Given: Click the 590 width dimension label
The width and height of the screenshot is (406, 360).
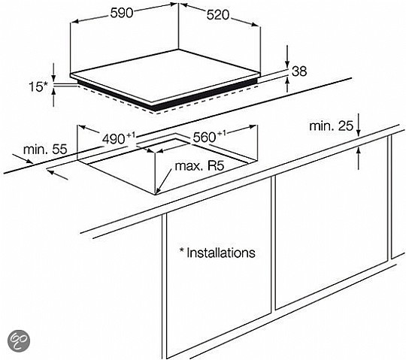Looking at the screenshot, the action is (x=122, y=13).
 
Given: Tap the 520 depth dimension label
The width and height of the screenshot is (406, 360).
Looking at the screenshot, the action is (x=218, y=15).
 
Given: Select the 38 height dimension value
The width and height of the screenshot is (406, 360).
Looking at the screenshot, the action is (x=299, y=71).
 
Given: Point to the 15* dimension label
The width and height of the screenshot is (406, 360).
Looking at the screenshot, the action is (x=38, y=86).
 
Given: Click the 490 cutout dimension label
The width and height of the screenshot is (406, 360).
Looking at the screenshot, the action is (x=119, y=138).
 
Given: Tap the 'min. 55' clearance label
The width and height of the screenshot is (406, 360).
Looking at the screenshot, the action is (x=45, y=150).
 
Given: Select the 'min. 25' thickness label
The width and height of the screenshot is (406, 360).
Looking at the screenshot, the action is (x=331, y=126).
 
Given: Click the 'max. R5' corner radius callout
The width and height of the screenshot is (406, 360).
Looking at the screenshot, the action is (x=199, y=166).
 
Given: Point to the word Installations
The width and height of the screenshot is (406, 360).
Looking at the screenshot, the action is (x=221, y=253).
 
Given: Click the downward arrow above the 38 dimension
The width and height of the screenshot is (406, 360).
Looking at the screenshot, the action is (x=287, y=56).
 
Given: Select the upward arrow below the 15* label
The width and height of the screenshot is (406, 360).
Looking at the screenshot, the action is (x=53, y=97).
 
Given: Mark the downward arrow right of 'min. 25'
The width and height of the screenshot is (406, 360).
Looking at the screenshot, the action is (x=359, y=125).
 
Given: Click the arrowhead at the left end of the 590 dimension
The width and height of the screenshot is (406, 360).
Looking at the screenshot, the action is (x=74, y=22).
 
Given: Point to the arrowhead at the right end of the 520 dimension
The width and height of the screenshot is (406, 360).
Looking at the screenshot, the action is (x=255, y=24).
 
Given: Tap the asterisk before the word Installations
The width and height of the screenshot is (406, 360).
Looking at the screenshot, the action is (x=181, y=250).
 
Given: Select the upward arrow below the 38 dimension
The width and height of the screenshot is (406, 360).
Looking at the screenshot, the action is (x=287, y=85).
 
